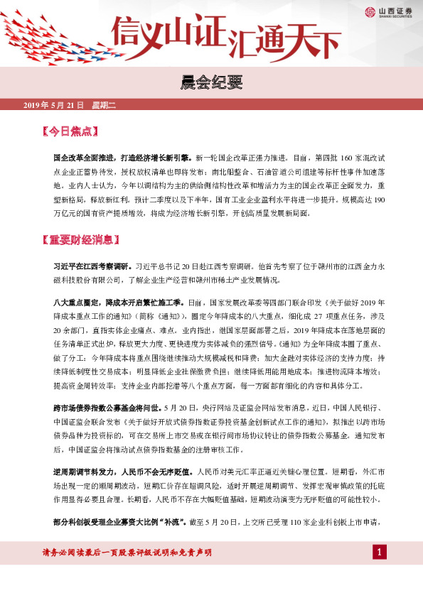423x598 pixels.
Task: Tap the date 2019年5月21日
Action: [x=54, y=105]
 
